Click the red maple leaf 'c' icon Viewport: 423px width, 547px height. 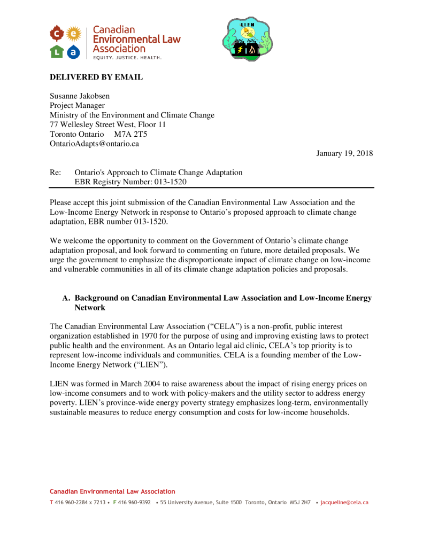57,34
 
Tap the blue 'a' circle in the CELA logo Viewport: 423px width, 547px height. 74,51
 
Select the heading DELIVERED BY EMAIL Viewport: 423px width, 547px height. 96,77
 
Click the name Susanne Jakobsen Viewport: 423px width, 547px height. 80,96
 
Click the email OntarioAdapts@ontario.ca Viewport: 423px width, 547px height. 95,144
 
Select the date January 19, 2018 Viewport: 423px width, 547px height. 344,154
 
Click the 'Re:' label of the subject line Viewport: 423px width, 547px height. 56,173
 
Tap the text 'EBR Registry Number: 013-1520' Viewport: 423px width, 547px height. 130,182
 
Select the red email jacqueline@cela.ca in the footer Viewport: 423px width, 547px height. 344,503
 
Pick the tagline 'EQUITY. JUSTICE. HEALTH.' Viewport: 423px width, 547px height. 127,57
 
